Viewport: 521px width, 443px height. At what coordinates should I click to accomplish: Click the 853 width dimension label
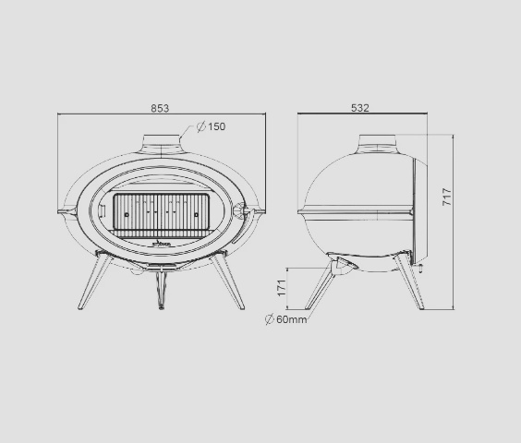click(160, 108)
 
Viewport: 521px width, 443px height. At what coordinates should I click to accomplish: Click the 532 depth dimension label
click(360, 108)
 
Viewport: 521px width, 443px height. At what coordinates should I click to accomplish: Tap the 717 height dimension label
click(447, 197)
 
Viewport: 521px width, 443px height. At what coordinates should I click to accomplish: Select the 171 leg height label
click(282, 288)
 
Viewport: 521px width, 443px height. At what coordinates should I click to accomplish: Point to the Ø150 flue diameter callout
click(211, 126)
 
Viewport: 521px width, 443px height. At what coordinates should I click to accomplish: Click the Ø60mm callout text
click(285, 319)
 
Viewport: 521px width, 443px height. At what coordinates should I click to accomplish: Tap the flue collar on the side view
click(378, 143)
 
